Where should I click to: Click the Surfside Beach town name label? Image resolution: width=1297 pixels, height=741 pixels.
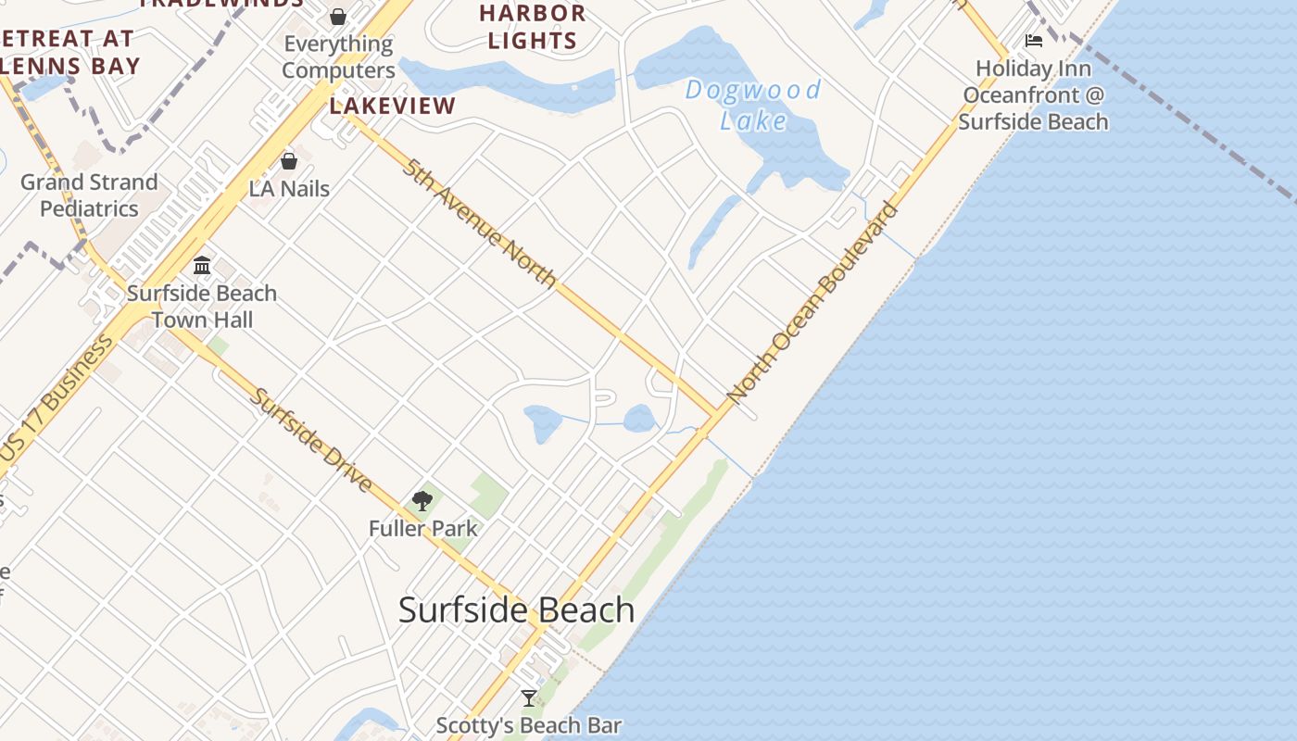[516, 610]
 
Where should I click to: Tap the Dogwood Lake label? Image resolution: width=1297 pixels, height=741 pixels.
[753, 105]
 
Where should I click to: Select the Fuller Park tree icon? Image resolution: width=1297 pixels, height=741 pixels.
[422, 501]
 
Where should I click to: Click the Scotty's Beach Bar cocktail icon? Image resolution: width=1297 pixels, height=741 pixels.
[529, 698]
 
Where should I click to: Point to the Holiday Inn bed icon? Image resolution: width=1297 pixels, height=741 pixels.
[1034, 41]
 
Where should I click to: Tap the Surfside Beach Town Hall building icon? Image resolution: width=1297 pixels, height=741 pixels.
[202, 266]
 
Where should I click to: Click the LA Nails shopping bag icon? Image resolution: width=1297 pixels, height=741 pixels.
[289, 161]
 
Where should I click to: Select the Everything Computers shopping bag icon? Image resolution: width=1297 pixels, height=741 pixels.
[338, 17]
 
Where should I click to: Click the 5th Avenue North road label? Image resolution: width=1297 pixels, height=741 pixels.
[480, 223]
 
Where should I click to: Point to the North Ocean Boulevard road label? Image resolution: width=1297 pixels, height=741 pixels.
[812, 303]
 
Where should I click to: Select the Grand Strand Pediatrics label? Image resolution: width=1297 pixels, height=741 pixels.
[89, 195]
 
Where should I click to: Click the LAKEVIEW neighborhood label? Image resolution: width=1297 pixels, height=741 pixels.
[393, 106]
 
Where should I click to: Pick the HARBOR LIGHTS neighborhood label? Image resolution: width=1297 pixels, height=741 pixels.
[533, 27]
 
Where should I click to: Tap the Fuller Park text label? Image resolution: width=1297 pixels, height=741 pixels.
[423, 529]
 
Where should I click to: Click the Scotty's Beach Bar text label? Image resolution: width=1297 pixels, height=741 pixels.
[528, 725]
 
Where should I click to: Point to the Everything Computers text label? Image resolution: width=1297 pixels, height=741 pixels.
[338, 57]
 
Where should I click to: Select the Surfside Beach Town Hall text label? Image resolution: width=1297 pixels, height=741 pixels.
[202, 307]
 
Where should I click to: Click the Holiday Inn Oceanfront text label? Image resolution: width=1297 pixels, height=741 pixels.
[1033, 94]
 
